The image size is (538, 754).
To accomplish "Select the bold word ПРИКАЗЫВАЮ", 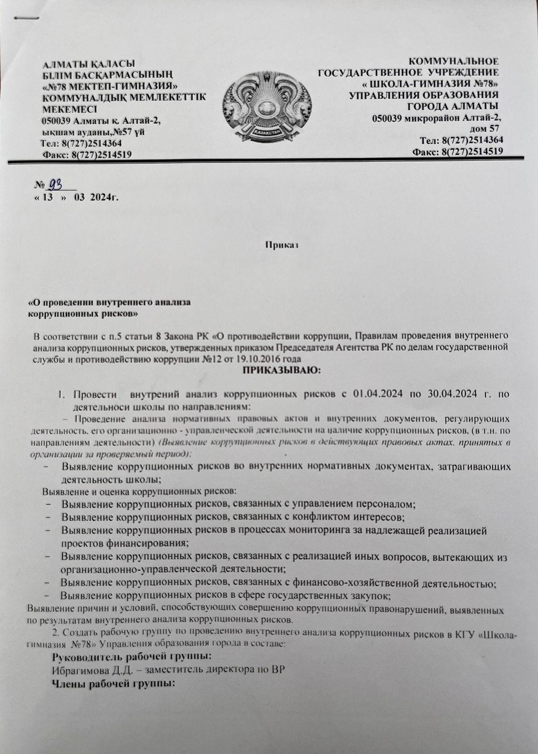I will pos(281,371).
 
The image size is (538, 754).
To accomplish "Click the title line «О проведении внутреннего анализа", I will pos(110,303).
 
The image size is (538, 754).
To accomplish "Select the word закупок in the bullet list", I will pos(372,596).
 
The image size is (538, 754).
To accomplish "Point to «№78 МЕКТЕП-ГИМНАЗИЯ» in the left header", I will pos(110,86).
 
